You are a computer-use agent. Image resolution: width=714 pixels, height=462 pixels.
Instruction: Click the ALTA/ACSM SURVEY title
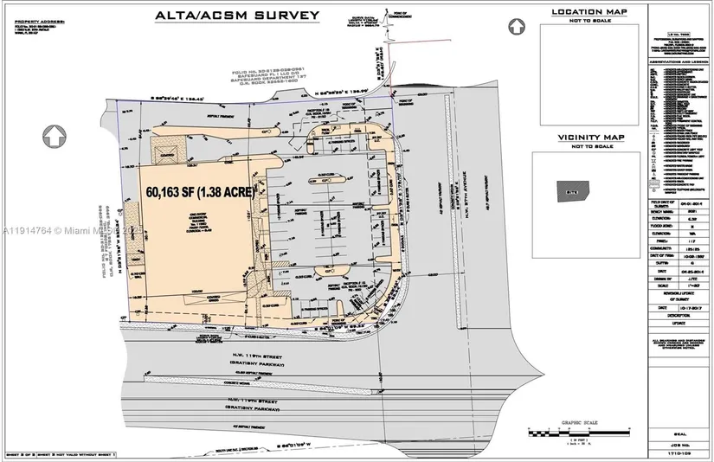(x=236, y=15)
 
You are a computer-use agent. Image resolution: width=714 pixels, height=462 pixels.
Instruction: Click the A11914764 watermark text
(x=29, y=231)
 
